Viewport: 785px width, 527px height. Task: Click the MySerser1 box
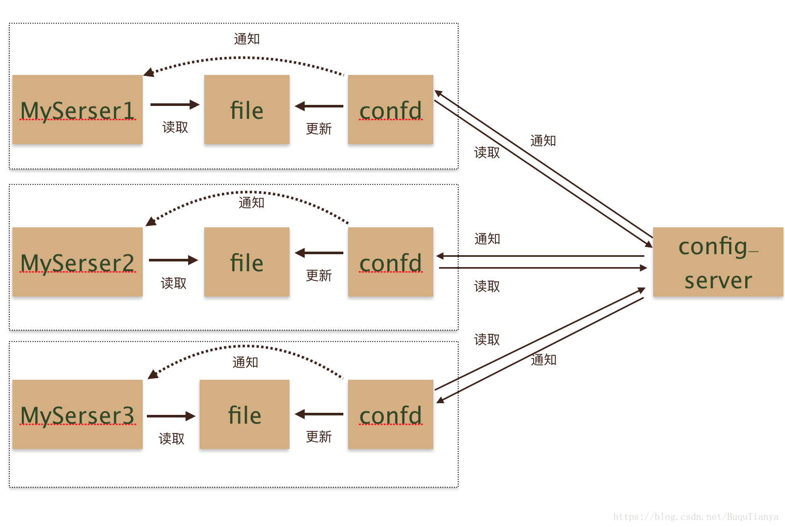[x=78, y=109]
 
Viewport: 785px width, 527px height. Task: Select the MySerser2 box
[x=78, y=262]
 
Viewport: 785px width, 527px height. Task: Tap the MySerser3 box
[x=78, y=414]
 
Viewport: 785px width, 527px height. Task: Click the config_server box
[x=718, y=262]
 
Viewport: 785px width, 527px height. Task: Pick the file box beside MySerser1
[x=247, y=109]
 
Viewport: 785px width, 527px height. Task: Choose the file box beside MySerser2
[x=247, y=262]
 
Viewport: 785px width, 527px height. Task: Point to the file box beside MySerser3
[x=245, y=414]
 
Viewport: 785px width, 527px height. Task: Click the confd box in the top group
[x=390, y=109]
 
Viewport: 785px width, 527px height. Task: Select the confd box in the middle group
[x=390, y=262]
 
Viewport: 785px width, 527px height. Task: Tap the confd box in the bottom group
[x=390, y=414]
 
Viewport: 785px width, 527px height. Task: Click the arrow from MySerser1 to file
[x=175, y=104]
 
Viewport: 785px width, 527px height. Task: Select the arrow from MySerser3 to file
[x=171, y=416]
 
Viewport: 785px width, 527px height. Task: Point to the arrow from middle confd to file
[x=319, y=253]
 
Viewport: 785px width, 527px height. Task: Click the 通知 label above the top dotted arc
[x=247, y=39]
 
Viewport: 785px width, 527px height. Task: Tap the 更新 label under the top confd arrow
[x=319, y=129]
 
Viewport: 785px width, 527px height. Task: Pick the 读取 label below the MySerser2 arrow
[x=173, y=283]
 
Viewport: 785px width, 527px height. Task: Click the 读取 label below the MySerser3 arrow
[x=171, y=439]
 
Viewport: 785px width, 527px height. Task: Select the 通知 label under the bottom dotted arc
[x=245, y=362]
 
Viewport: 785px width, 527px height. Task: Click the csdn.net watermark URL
[x=696, y=517]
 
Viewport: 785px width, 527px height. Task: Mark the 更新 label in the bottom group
[x=319, y=437]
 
